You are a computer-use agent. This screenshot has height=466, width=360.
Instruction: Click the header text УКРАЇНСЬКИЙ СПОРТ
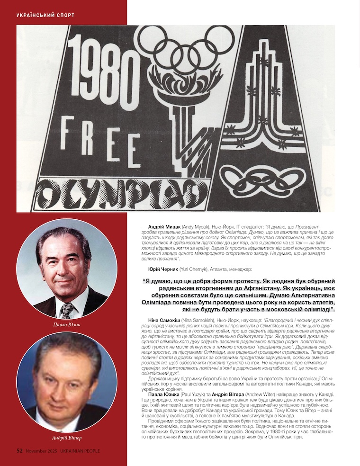pyautogui.click(x=45, y=15)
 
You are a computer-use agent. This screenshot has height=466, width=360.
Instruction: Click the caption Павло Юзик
pyautogui.click(x=67, y=324)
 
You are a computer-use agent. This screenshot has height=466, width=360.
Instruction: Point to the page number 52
pyautogui.click(x=20, y=451)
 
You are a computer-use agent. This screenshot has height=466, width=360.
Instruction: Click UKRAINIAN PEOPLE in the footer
pyautogui.click(x=80, y=451)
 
